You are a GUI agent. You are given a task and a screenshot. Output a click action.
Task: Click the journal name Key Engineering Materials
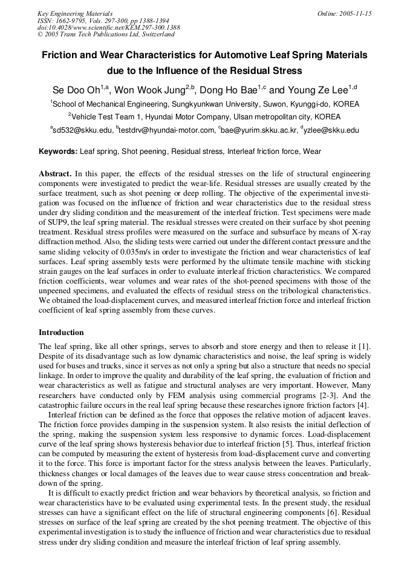click(x=75, y=13)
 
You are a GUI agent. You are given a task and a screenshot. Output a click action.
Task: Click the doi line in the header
click(x=108, y=28)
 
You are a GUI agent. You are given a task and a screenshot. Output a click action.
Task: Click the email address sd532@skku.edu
click(x=83, y=130)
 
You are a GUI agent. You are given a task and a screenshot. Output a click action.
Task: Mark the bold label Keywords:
click(x=58, y=151)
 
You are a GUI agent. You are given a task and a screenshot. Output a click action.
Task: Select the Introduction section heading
click(x=61, y=333)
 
